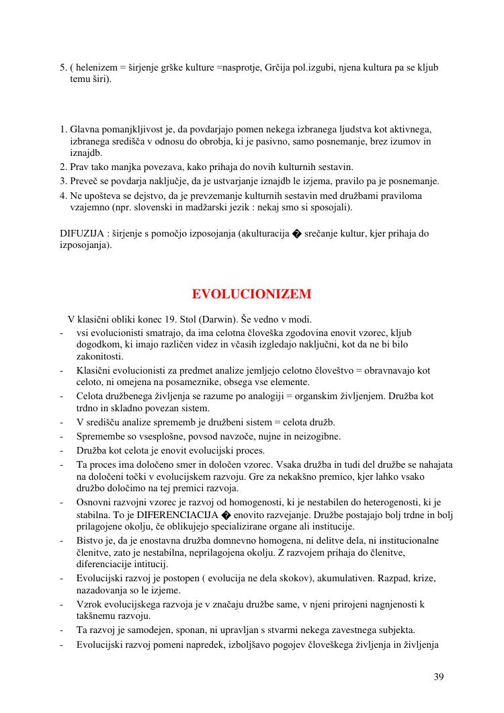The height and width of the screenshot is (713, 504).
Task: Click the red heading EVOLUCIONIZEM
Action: click(251, 294)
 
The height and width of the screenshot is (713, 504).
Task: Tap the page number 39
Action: click(439, 677)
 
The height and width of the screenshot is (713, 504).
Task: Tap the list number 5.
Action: click(63, 68)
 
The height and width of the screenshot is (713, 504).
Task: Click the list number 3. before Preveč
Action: click(63, 181)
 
